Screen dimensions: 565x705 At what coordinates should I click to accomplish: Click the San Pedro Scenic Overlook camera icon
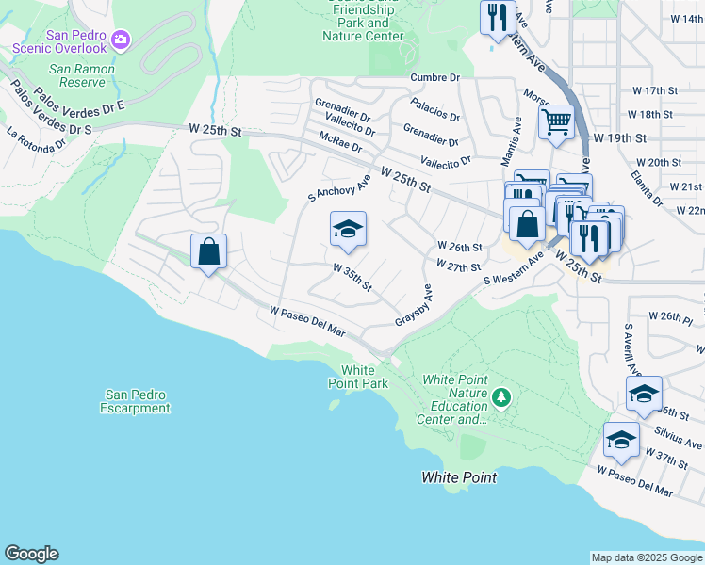pyautogui.click(x=121, y=39)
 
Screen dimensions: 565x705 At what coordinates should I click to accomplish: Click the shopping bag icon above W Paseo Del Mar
pyautogui.click(x=208, y=252)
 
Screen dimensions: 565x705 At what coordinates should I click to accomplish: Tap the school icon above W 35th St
pyautogui.click(x=348, y=230)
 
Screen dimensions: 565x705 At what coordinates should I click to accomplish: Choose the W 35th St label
pyautogui.click(x=352, y=277)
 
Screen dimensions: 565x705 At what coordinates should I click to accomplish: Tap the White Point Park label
pyautogui.click(x=357, y=377)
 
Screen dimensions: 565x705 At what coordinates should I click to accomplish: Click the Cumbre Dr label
pyautogui.click(x=434, y=77)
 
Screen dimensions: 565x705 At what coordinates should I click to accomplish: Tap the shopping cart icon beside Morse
pyautogui.click(x=556, y=121)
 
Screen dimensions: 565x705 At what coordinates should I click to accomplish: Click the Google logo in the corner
pyautogui.click(x=31, y=554)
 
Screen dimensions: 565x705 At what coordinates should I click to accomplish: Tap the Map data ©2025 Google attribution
pyautogui.click(x=647, y=557)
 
